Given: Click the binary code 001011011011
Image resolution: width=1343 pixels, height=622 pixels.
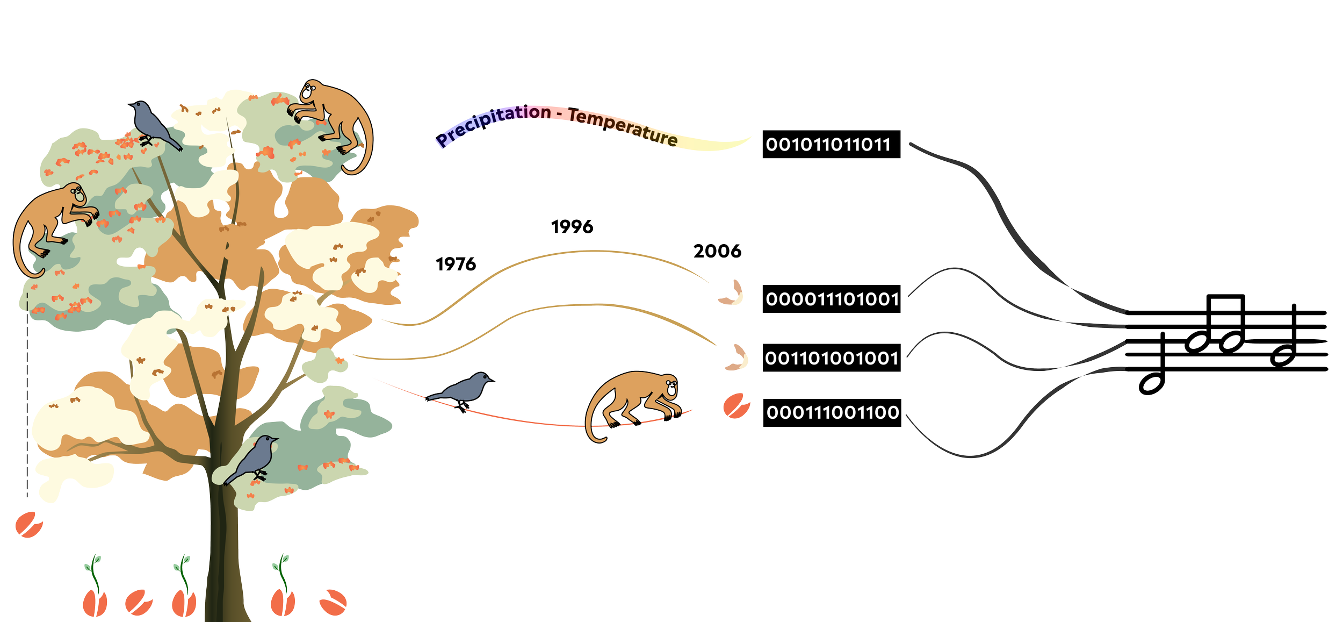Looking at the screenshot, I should [831, 144].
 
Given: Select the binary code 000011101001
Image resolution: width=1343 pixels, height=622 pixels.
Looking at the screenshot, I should [831, 299].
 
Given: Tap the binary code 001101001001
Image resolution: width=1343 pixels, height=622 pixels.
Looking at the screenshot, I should [831, 358].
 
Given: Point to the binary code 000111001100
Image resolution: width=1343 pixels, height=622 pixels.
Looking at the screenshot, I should [832, 413].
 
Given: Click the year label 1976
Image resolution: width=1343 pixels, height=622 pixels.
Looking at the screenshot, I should [456, 264].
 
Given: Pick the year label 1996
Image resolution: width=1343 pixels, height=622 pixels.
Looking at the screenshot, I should [572, 227].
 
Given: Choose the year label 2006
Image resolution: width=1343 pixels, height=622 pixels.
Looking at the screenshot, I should [717, 251].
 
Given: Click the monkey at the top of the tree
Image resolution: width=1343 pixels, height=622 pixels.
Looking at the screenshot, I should [333, 124].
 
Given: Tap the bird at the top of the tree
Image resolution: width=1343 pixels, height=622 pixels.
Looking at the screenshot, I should [153, 125].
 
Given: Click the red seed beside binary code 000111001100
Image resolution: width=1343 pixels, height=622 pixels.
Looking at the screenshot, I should [736, 406].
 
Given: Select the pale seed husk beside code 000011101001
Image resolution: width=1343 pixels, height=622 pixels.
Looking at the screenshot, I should [732, 293].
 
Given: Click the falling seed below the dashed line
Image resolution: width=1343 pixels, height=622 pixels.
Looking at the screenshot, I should [28, 524].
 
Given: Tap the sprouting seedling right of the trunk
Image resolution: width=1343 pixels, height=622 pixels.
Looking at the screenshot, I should [283, 589].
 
